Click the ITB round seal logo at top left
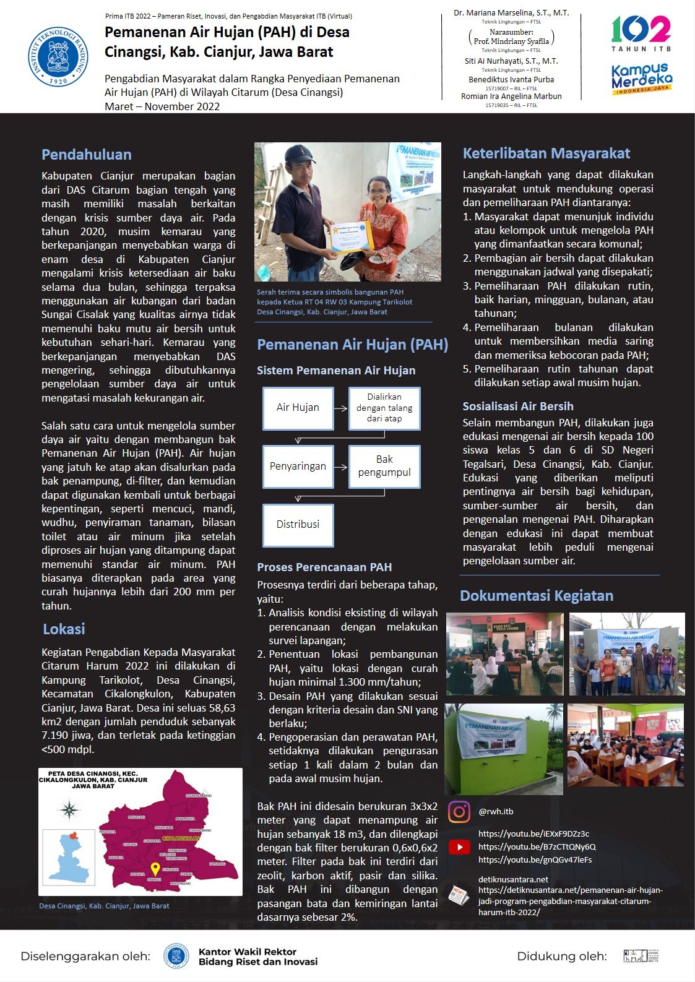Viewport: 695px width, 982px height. pos(58,56)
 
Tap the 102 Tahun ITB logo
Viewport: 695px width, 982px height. pos(641,34)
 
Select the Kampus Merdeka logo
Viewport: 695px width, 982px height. pos(642,79)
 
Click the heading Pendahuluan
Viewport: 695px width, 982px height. pos(87,155)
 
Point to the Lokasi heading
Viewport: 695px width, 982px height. pos(64,629)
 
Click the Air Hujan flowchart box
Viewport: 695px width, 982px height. pos(298,408)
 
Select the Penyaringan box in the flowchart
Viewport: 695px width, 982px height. pos(298,467)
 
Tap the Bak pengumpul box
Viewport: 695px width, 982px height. pos(384,467)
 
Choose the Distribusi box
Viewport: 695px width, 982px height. pos(298,525)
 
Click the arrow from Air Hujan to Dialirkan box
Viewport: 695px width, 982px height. pos(341,408)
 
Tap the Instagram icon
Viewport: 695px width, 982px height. pos(459,812)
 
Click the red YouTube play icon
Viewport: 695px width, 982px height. pos(459,846)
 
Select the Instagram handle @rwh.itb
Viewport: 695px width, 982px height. pos(496,812)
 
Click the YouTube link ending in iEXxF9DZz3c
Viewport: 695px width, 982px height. pos(533,833)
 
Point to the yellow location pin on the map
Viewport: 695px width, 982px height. pos(155,869)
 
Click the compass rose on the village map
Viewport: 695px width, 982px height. pos(70,809)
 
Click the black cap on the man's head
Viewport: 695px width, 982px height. pos(300,153)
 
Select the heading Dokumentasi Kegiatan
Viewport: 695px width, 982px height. pos(537,596)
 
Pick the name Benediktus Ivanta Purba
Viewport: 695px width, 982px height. pos(511,80)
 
